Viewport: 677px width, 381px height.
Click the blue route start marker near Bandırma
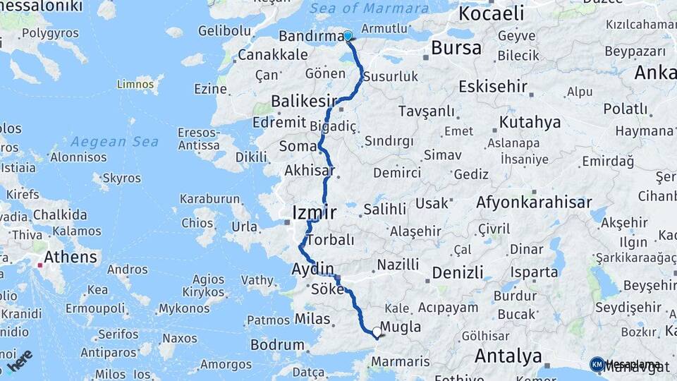click(x=348, y=36)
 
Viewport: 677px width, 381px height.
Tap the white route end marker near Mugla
click(x=377, y=332)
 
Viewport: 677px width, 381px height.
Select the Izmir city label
click(x=315, y=212)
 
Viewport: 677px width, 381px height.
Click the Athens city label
click(x=71, y=256)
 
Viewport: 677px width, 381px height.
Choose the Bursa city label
click(x=456, y=48)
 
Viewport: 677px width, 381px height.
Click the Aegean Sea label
click(x=115, y=142)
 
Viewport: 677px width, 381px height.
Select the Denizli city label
click(x=458, y=272)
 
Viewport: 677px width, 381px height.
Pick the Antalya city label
click(x=508, y=356)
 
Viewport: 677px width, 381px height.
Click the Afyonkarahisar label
click(x=534, y=202)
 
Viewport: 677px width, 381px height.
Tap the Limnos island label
click(x=135, y=85)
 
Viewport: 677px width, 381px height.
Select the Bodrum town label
click(x=277, y=346)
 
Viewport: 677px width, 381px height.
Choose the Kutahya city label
click(x=530, y=122)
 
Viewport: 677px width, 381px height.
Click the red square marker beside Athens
click(x=39, y=265)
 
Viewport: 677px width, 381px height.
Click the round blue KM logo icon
click(x=597, y=364)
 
